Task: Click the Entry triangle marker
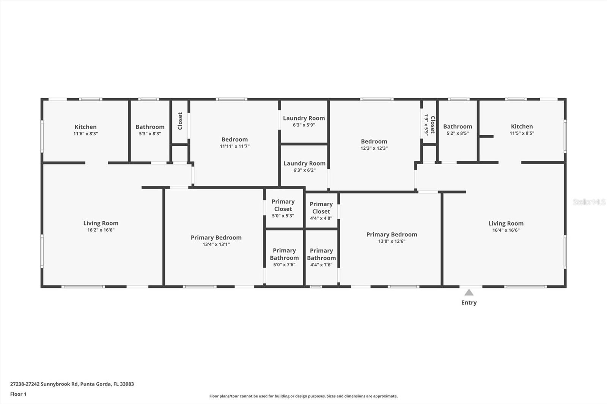469,293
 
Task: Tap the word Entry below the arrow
469,302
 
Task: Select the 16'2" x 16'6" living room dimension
101,230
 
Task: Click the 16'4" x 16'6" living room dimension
506,230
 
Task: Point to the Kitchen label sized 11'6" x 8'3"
85,127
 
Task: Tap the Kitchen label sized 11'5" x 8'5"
522,127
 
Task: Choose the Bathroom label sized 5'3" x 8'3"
150,127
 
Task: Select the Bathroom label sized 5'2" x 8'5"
458,127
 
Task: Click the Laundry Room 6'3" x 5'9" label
304,118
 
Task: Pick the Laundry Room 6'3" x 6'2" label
304,163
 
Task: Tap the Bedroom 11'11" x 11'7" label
234,139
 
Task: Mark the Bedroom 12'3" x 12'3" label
374,141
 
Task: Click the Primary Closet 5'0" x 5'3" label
283,205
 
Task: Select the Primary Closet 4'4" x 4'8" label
321,208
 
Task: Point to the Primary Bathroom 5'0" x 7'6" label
284,254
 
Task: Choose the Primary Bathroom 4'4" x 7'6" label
321,254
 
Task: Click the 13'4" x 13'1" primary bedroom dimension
216,244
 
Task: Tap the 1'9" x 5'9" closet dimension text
426,124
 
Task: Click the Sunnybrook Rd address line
72,384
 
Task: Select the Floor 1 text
18,394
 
